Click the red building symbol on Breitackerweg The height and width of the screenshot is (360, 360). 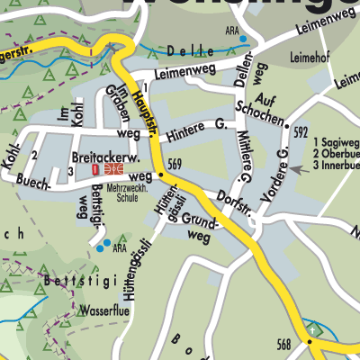96,168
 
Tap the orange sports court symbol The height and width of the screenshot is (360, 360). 113,168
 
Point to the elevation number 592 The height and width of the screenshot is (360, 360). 301,132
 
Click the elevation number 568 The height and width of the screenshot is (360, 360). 285,343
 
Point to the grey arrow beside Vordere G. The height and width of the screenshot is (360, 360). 297,168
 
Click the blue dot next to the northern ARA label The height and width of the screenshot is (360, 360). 242,39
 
